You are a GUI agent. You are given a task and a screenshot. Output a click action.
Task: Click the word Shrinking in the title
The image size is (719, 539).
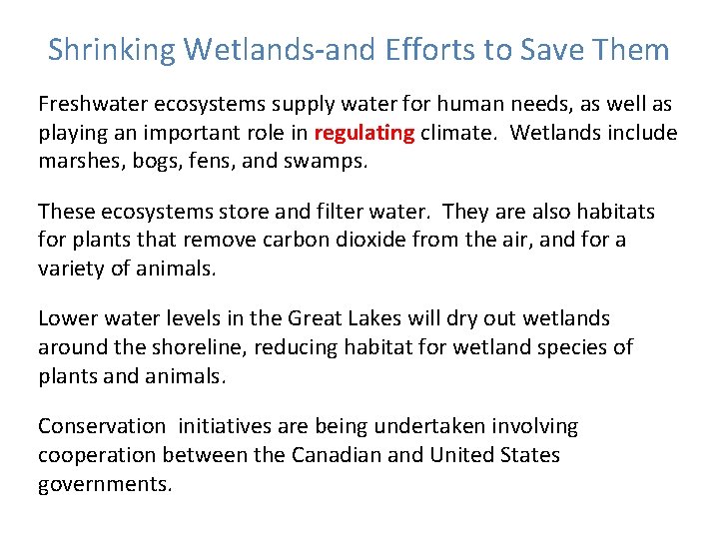point(112,50)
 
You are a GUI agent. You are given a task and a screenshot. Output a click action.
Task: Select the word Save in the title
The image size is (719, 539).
point(556,50)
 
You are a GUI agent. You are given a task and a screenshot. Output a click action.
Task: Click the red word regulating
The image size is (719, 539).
point(364,133)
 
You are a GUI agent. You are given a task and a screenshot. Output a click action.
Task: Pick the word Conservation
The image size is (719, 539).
point(102,428)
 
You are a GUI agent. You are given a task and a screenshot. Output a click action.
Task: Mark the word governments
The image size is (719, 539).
point(105,484)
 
